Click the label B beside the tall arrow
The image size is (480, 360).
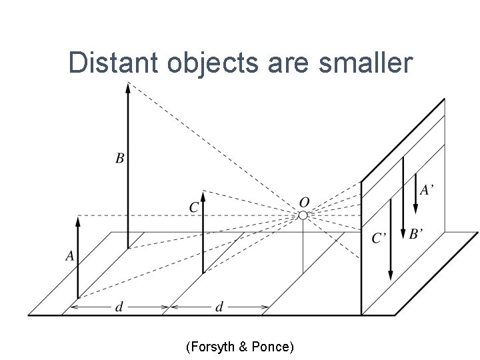pyautogui.click(x=119, y=159)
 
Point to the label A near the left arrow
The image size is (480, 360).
pyautogui.click(x=69, y=255)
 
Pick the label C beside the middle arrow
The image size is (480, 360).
pyautogui.click(x=193, y=208)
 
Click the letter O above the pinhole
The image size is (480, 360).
pyautogui.click(x=304, y=202)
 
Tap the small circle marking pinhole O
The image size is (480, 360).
pyautogui.click(x=303, y=215)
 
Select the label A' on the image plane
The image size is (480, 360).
pyautogui.click(x=427, y=190)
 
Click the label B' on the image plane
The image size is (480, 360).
pyautogui.click(x=416, y=234)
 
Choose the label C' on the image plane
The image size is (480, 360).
pyautogui.click(x=379, y=238)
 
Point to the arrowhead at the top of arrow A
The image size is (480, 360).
pyautogui.click(x=78, y=221)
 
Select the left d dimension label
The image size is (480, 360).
pyautogui.click(x=119, y=307)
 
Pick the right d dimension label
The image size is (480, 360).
pyautogui.click(x=219, y=307)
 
